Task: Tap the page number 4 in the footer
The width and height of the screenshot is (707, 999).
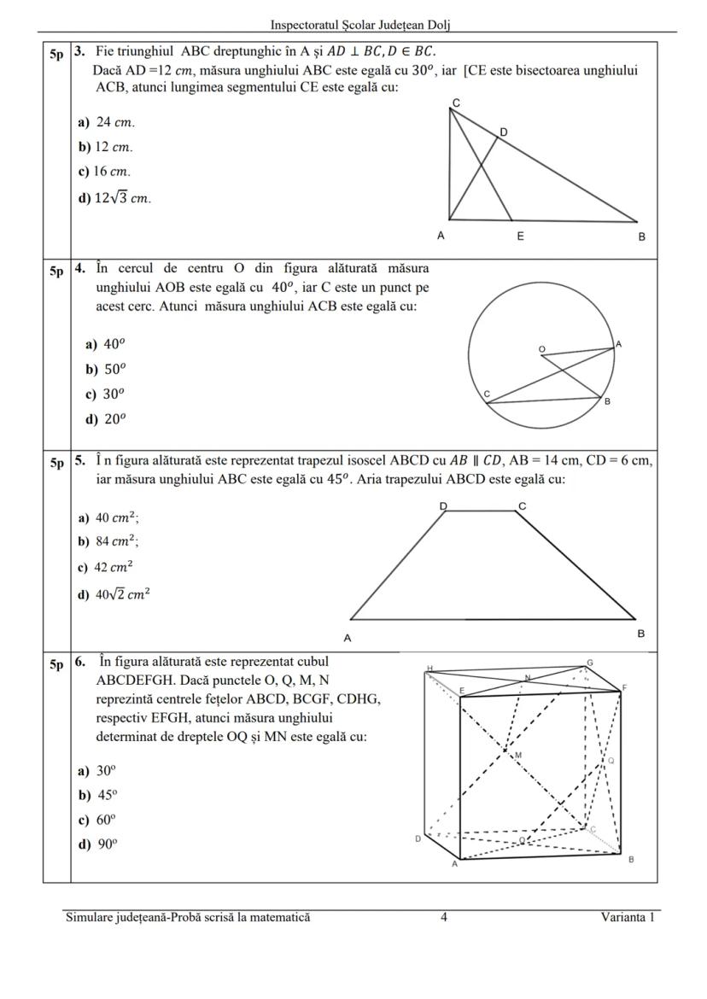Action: [x=444, y=918]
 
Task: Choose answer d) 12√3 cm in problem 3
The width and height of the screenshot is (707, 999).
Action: [x=114, y=198]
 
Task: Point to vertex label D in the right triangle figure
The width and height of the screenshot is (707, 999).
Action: [x=504, y=132]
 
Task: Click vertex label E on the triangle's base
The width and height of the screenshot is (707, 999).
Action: [x=520, y=237]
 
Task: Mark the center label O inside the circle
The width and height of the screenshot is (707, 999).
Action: [x=541, y=349]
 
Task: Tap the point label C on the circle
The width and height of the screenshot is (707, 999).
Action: [x=487, y=394]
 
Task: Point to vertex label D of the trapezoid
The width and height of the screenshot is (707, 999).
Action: [x=443, y=505]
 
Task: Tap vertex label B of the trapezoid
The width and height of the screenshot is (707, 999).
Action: [x=640, y=634]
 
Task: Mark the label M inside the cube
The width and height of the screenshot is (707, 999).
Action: [x=518, y=756]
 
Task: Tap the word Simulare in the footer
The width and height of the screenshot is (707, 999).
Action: [x=91, y=918]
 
